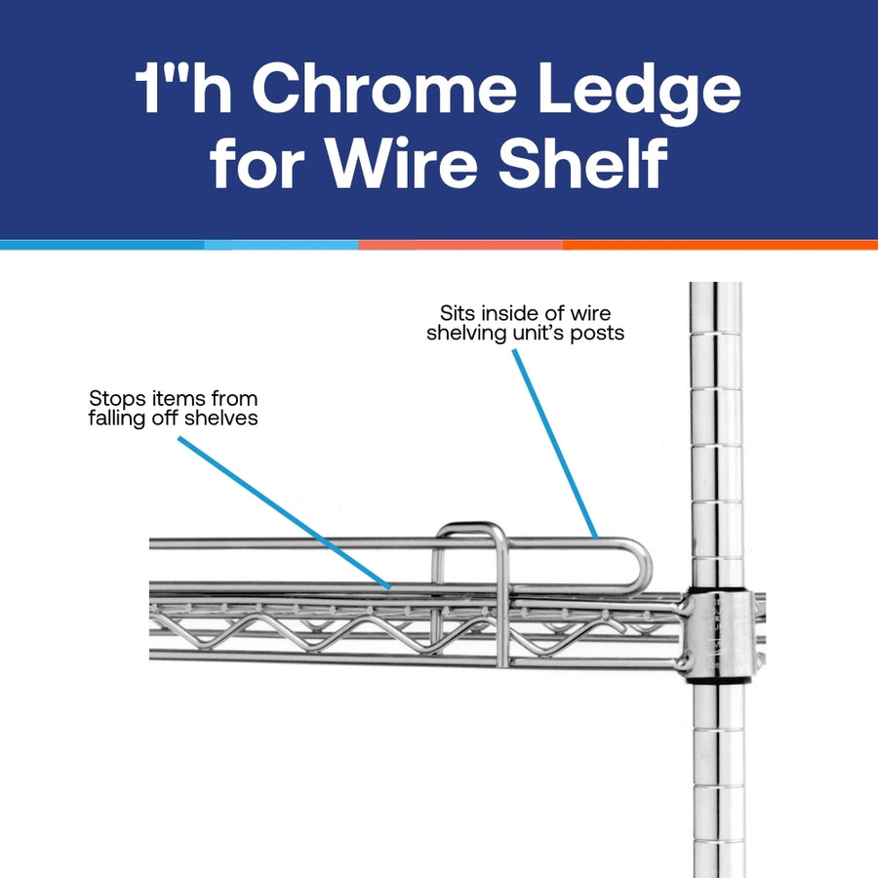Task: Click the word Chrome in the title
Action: point(388,93)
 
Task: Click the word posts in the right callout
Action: point(601,334)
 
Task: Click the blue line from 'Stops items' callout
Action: point(283,513)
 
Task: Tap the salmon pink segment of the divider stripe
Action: point(459,245)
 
